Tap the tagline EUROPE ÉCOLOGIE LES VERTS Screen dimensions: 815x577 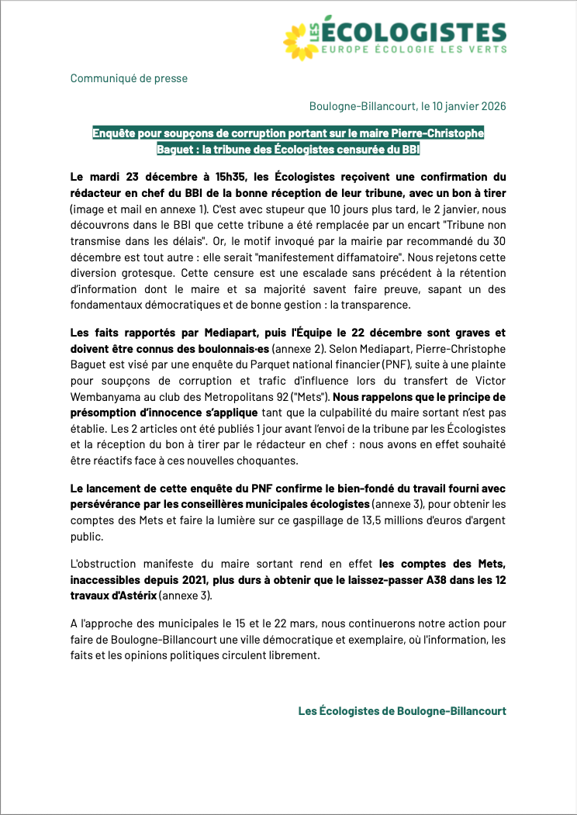point(414,49)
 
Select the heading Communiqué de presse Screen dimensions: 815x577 point(129,78)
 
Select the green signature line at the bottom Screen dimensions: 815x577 point(402,711)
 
